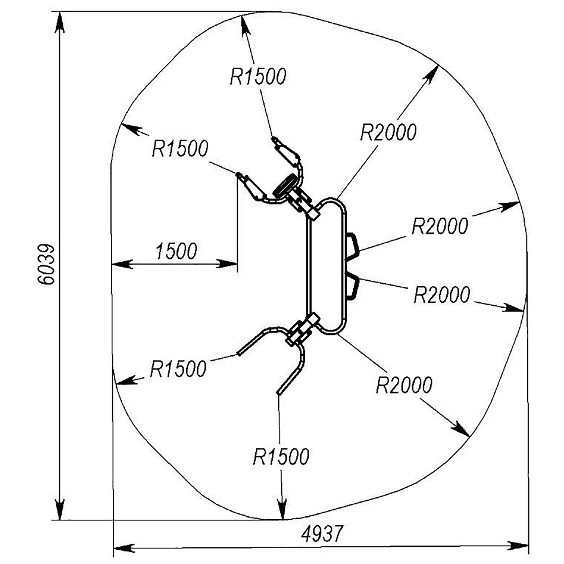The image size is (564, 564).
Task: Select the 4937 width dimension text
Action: point(323,534)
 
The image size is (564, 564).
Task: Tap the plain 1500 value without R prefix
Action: point(176,251)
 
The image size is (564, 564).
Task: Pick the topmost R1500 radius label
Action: point(258,76)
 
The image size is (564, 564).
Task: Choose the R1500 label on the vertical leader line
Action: point(281,456)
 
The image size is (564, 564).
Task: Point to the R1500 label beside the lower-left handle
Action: point(178,369)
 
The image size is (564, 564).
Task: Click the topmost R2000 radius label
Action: point(388,132)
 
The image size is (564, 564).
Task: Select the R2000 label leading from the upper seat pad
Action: point(440,226)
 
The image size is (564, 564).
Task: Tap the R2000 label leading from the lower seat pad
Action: point(442,294)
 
